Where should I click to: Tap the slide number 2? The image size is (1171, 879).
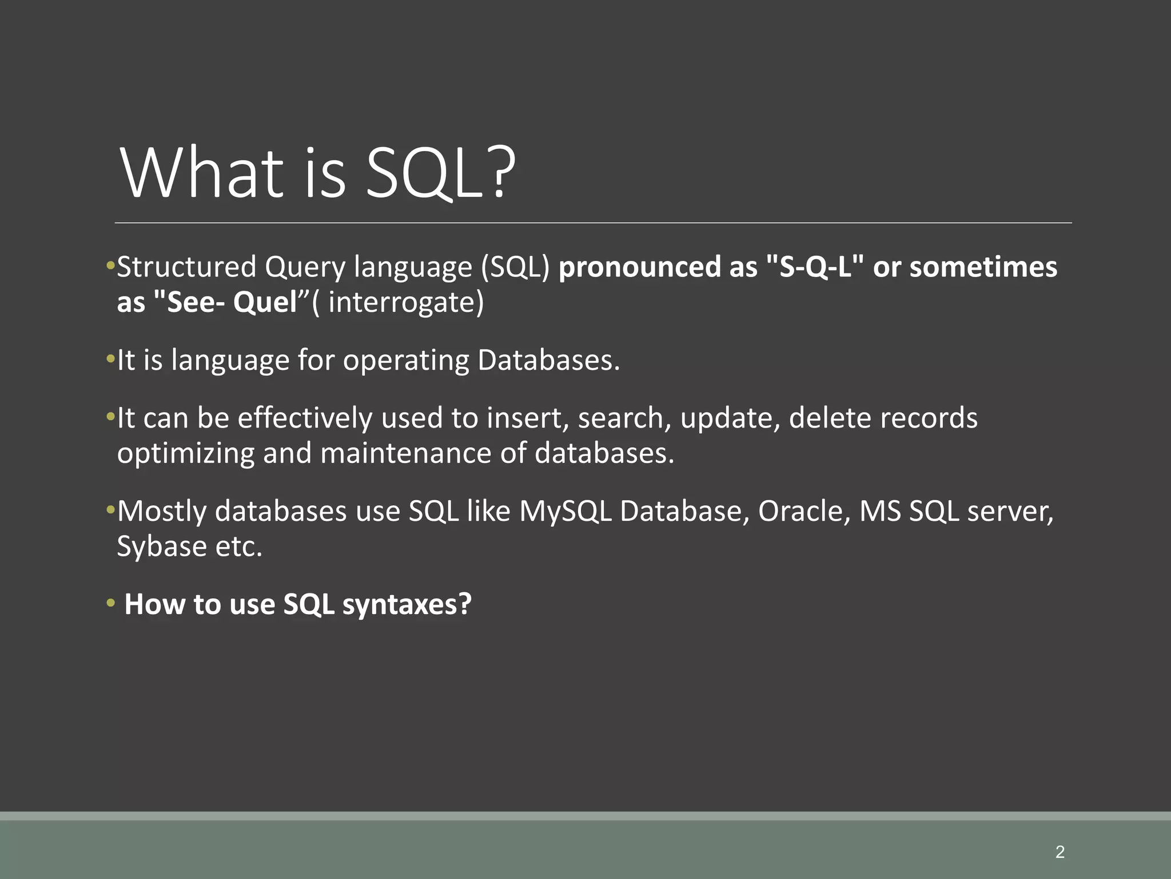pyautogui.click(x=1060, y=852)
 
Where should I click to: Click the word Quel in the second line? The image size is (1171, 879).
pyautogui.click(x=265, y=302)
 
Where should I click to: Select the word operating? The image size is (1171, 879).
pyautogui.click(x=405, y=361)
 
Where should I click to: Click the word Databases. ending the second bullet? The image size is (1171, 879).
pyautogui.click(x=548, y=361)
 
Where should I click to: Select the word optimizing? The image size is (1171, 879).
pyautogui.click(x=185, y=453)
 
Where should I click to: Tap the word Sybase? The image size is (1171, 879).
pyautogui.click(x=162, y=547)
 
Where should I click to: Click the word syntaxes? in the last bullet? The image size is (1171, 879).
pyautogui.click(x=407, y=604)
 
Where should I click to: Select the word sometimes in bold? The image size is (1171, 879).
pyautogui.click(x=983, y=267)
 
